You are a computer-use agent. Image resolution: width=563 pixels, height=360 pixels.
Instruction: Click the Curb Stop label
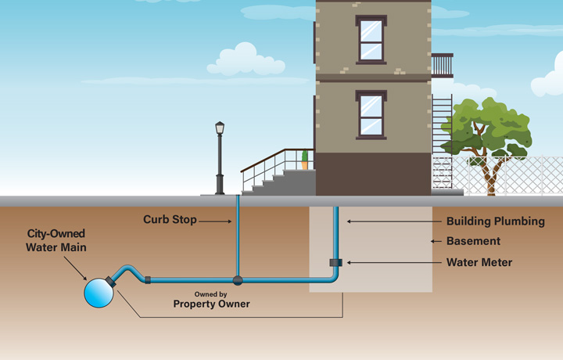pos(170,220)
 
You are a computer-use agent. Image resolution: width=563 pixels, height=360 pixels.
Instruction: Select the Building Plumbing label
pos(495,221)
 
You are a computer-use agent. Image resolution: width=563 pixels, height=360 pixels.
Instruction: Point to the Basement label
pos(473,241)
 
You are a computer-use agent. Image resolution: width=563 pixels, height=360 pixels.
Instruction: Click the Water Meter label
pos(479,262)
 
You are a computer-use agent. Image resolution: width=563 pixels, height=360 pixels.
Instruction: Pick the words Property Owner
pos(211,304)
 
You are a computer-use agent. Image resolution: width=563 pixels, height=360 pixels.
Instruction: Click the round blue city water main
pos(99,293)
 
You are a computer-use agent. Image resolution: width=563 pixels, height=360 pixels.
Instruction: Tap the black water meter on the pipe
pos(335,262)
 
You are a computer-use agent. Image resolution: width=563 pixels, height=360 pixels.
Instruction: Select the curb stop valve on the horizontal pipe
pos(238,279)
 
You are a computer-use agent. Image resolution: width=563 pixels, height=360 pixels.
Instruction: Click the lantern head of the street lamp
pos(220,128)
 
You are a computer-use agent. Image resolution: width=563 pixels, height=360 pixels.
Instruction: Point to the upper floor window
pos(371,40)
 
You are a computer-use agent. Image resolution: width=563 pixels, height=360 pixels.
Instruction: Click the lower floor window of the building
pos(371,114)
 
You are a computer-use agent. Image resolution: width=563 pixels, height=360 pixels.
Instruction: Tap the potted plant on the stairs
pos(304,160)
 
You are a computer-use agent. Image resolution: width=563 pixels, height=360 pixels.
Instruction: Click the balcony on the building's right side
pos(442,65)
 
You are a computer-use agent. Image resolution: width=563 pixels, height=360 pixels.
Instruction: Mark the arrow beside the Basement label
pos(436,241)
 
